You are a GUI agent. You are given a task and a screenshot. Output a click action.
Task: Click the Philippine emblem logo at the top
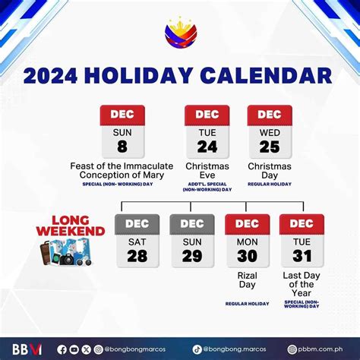click(x=179, y=35)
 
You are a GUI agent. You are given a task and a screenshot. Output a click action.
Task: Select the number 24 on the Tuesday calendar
click(x=207, y=145)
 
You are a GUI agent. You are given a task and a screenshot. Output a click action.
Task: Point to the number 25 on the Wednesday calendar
click(x=270, y=145)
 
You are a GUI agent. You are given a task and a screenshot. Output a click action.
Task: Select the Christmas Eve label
click(x=207, y=171)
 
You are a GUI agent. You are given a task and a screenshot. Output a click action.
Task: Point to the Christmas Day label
click(x=270, y=171)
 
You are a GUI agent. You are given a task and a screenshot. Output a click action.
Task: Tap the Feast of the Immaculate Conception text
click(x=122, y=171)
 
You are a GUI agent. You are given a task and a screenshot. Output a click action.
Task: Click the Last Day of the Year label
click(x=302, y=282)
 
